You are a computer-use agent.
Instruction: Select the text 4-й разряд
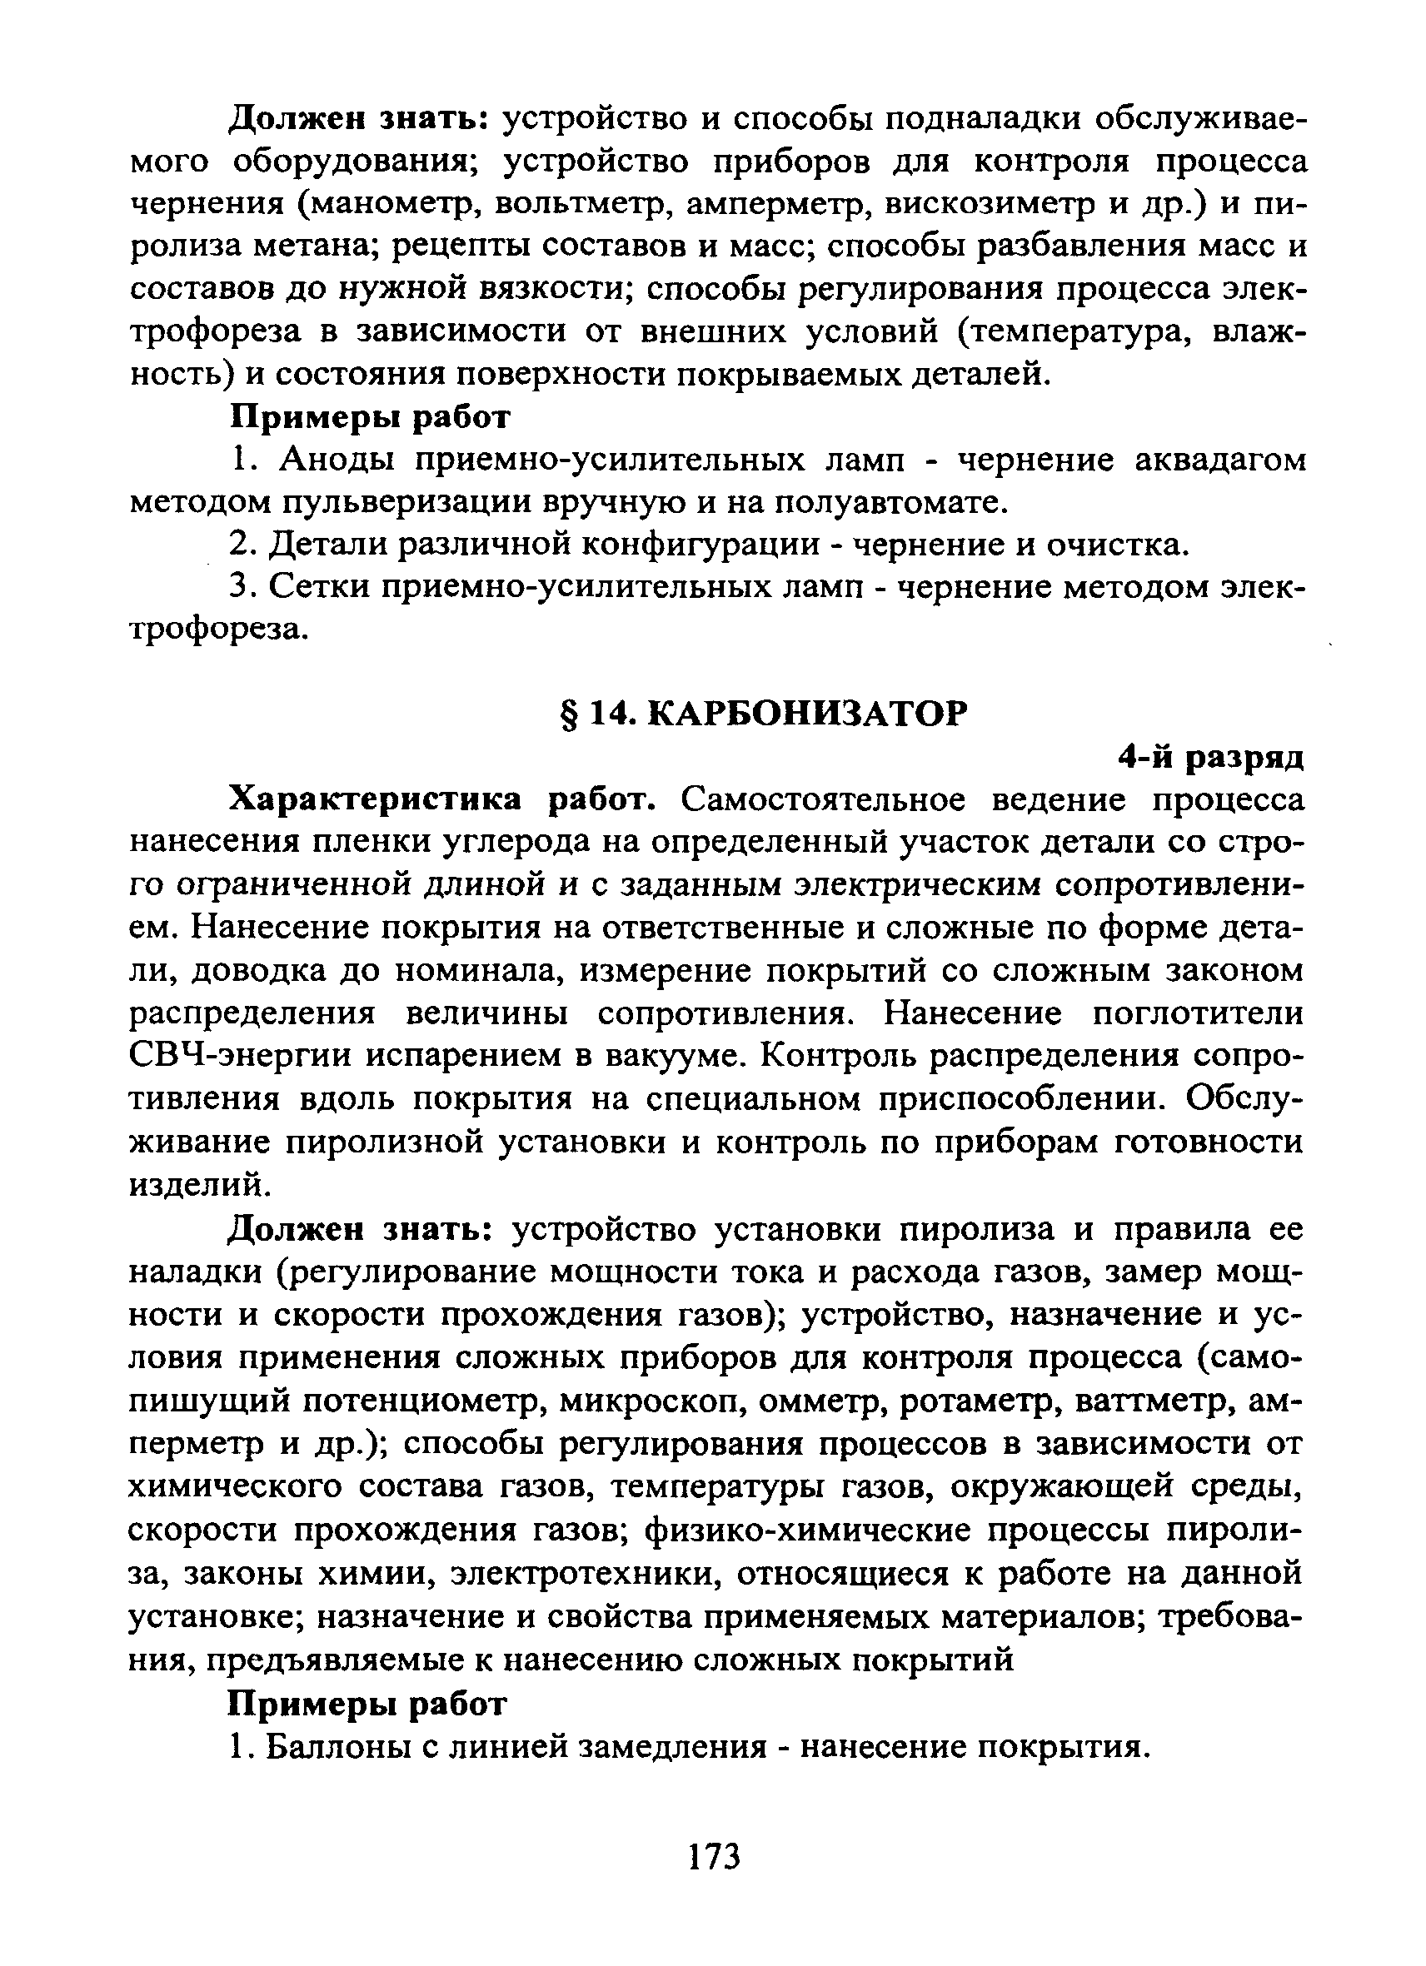coord(1210,757)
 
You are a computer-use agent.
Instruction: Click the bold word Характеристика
coord(375,799)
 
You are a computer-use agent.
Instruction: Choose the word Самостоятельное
coord(823,799)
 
